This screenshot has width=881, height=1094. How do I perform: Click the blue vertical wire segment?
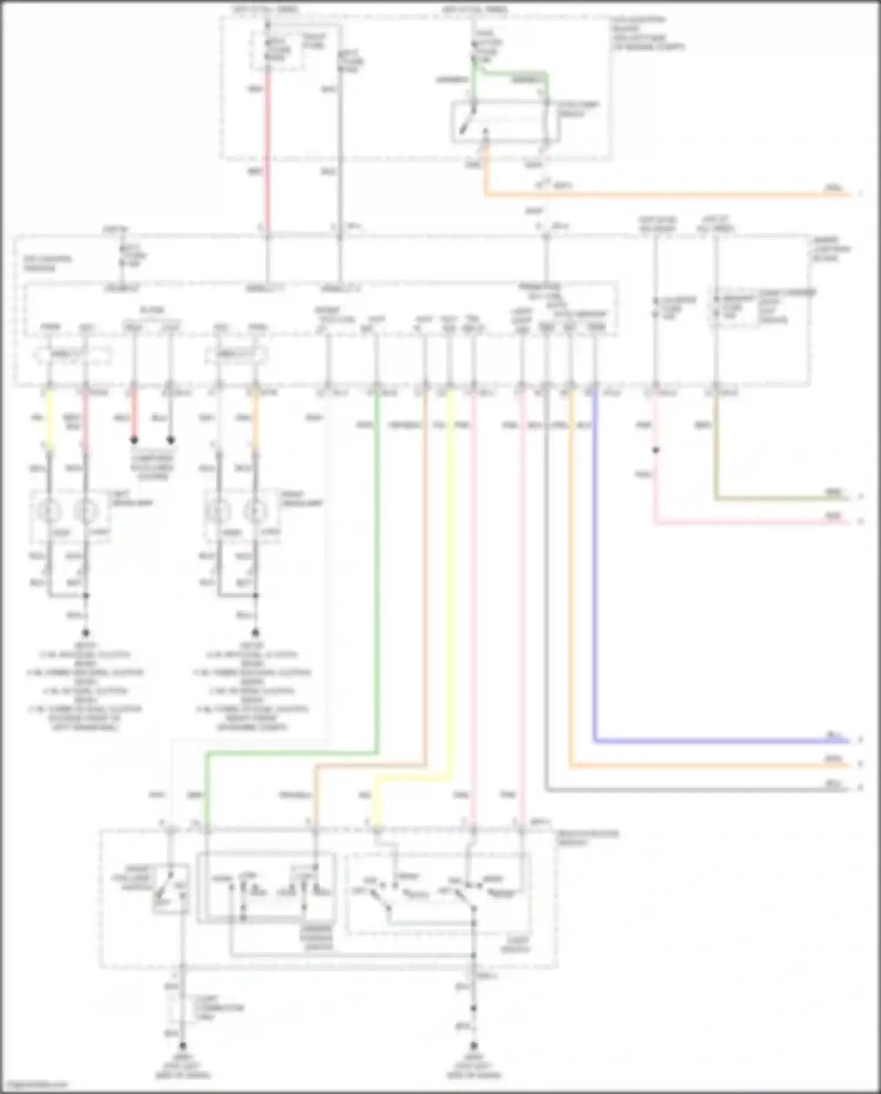coord(594,564)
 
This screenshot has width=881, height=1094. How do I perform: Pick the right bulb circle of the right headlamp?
coord(255,511)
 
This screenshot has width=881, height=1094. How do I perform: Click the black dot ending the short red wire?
coord(134,440)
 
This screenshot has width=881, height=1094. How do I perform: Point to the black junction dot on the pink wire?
coord(655,450)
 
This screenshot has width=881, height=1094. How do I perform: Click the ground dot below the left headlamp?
coord(86,633)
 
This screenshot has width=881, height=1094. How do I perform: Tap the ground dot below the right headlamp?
coord(255,633)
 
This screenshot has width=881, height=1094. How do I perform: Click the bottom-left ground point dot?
coord(183,1046)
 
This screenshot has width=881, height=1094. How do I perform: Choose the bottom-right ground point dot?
coord(473,1046)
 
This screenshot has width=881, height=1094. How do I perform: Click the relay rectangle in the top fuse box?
coord(505,122)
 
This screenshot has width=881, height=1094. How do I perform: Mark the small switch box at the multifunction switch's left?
coord(171,888)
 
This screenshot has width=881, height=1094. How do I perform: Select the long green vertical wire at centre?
coord(376,564)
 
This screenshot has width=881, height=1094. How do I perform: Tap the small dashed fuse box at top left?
coord(277,52)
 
